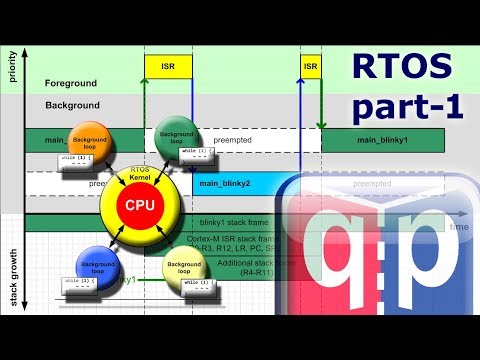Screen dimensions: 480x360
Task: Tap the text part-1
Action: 401,106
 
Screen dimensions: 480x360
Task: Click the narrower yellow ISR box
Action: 310,67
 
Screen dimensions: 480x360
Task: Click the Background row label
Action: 72,104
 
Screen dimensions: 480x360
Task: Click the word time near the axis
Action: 459,228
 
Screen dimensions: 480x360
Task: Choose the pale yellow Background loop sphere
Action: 185,269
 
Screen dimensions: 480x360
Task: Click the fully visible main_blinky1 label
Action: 383,140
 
